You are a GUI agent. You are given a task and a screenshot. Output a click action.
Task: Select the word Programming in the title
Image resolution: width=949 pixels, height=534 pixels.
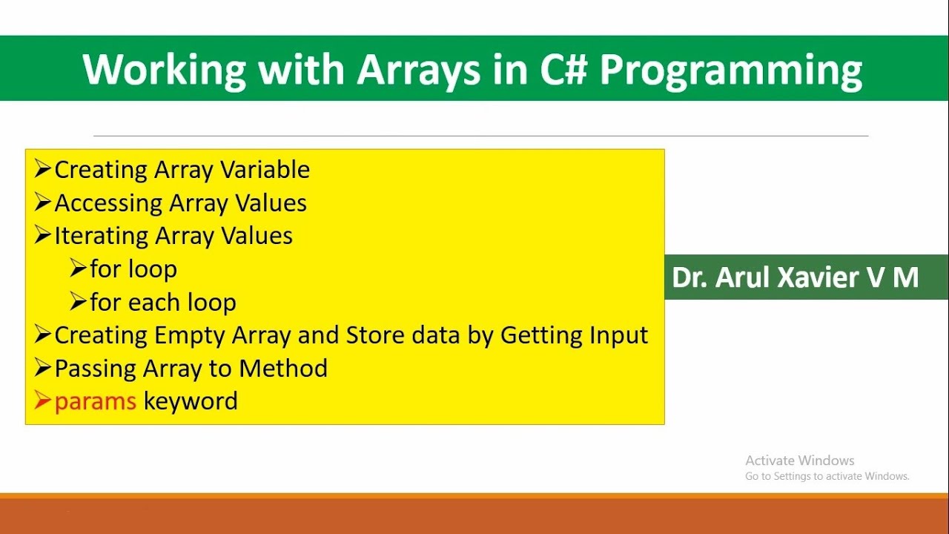coord(730,70)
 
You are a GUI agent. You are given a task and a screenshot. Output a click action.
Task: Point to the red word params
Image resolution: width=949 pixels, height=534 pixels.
coord(95,402)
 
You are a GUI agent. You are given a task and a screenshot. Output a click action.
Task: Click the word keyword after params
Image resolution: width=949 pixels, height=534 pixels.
coord(191,401)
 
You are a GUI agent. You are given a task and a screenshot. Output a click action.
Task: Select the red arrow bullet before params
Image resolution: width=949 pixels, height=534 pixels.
coord(42,401)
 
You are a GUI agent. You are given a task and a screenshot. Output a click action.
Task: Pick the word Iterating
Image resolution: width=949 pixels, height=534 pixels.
coord(101,237)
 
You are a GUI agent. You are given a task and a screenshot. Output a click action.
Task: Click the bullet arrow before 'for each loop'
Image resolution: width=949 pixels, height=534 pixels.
coord(78,302)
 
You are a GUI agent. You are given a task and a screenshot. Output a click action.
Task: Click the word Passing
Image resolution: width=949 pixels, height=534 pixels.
coord(100,369)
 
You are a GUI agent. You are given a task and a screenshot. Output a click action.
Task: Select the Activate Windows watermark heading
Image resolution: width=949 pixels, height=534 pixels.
coord(799,461)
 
